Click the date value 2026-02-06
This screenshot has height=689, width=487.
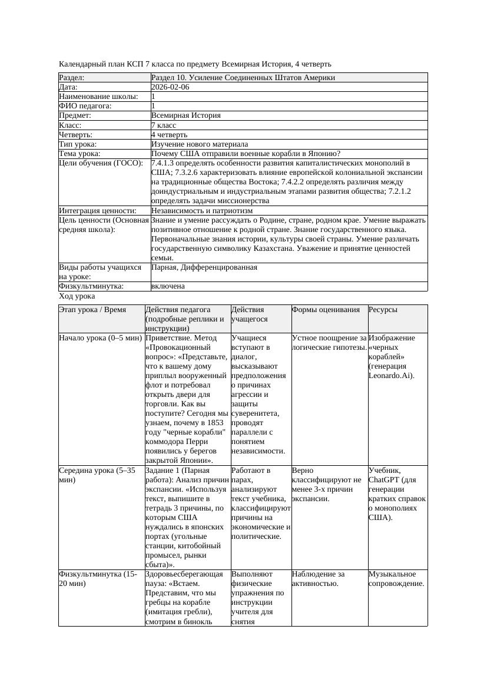point(170,87)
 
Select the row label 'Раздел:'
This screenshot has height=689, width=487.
point(72,78)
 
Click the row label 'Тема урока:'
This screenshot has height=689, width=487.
point(79,154)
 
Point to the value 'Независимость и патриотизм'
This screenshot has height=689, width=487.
point(202,210)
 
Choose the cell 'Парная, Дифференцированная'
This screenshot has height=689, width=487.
point(204,267)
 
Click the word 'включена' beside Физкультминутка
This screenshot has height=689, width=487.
point(168,286)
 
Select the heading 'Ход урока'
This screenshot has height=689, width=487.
point(77,297)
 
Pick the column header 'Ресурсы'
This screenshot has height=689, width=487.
point(383,310)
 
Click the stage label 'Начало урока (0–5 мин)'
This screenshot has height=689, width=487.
point(101,338)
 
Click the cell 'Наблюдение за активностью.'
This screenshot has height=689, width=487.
point(319,579)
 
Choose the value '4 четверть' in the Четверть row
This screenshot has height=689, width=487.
point(170,135)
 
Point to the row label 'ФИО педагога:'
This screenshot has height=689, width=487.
point(85,106)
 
